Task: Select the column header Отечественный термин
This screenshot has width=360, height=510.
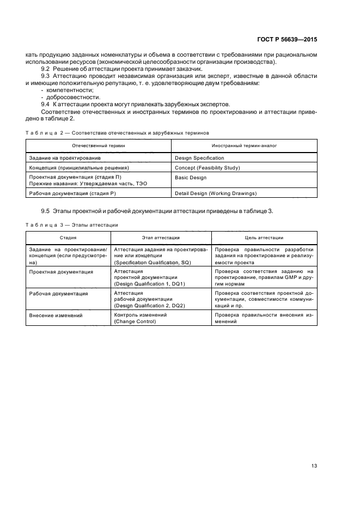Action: (99, 145)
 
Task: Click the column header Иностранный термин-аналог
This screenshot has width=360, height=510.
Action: (243, 145)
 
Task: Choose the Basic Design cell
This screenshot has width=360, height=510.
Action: (191, 177)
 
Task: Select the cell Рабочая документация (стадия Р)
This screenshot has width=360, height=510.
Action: (72, 193)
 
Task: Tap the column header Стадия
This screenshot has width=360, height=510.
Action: (68, 238)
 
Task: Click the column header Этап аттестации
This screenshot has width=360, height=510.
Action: (161, 238)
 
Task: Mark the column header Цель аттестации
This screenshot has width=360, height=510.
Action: (264, 238)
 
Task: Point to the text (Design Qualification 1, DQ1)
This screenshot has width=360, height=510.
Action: (149, 284)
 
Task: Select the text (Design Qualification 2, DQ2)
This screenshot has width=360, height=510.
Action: (149, 306)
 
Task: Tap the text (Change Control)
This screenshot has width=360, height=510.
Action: (135, 321)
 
